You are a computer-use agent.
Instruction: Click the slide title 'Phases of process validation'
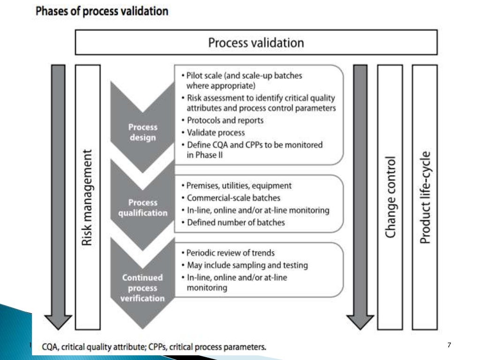(x=102, y=12)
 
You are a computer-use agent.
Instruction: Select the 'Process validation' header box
(x=256, y=43)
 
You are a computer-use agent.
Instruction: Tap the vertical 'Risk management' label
(x=88, y=197)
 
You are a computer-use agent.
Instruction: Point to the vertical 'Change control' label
(x=390, y=197)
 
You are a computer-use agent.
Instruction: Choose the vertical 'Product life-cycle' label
(x=425, y=197)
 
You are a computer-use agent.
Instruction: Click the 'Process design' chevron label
(x=143, y=132)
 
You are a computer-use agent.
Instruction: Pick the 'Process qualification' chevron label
(x=143, y=208)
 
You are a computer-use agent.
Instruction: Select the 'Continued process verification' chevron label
(x=143, y=288)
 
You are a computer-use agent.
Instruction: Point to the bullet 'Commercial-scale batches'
(x=233, y=198)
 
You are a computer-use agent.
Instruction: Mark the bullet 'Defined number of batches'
(x=235, y=223)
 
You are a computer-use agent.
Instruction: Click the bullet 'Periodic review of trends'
(x=231, y=253)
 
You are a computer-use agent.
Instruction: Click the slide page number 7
(x=449, y=345)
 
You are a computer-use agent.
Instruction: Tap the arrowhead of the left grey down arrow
(x=58, y=321)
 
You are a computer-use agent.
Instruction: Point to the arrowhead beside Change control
(x=360, y=321)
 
